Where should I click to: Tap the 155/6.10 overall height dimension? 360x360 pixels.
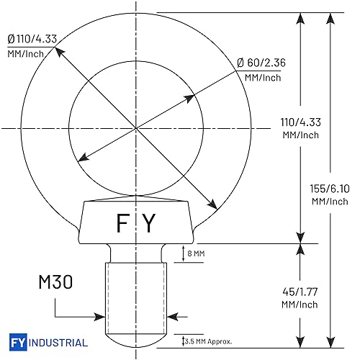[x=330, y=188]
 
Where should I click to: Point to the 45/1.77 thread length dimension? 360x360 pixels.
[x=300, y=292]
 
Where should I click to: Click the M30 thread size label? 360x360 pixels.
[x=54, y=282]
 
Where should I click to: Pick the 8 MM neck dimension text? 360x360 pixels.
[x=194, y=253]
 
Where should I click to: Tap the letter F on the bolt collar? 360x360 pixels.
[x=123, y=225]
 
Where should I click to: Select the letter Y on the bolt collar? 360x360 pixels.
[x=148, y=225]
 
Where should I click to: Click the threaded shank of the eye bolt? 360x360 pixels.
[x=136, y=295]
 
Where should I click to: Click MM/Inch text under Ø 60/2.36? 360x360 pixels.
[x=262, y=77]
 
